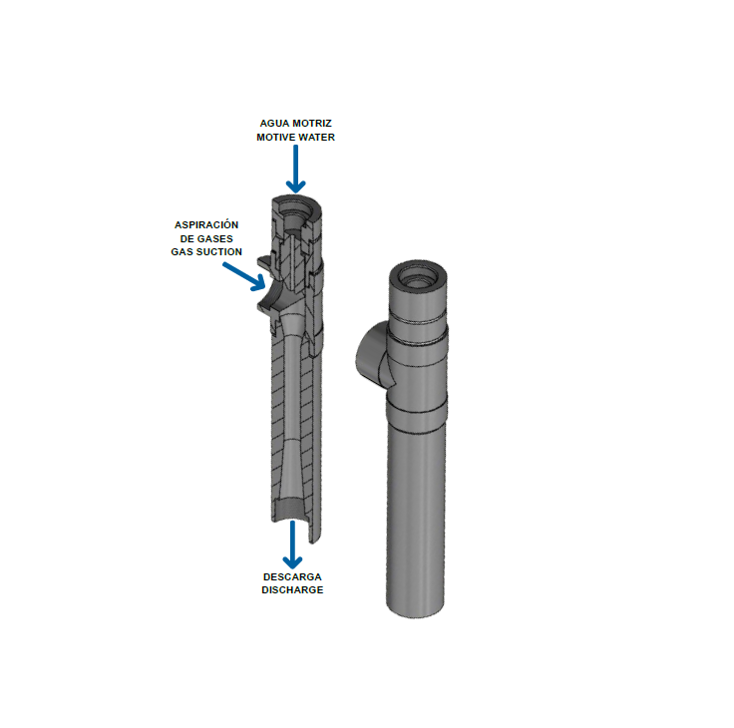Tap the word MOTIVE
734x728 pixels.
(x=275, y=138)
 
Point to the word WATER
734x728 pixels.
(x=316, y=138)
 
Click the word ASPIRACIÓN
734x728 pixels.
(x=206, y=224)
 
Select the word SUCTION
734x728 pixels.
(x=219, y=252)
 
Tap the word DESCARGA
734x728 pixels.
(x=292, y=576)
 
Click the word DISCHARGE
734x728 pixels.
(x=292, y=590)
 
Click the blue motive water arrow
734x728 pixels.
(x=295, y=169)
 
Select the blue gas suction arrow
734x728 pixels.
(x=244, y=276)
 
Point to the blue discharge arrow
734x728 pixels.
(x=292, y=545)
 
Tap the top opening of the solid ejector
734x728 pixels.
(x=418, y=277)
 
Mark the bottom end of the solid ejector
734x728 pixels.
(x=415, y=608)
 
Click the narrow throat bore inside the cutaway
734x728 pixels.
(x=292, y=389)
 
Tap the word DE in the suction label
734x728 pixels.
(x=186, y=238)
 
